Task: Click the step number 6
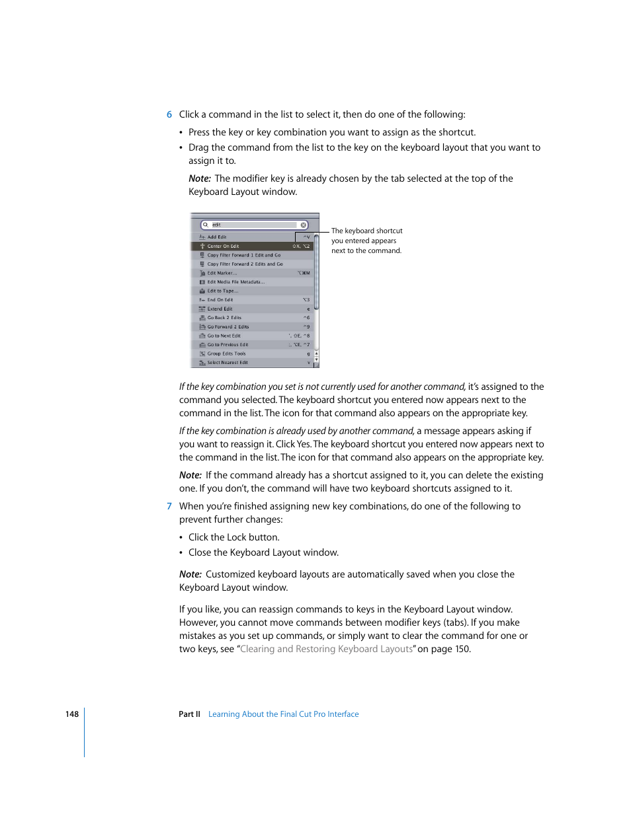(169, 114)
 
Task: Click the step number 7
(169, 506)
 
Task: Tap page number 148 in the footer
(71, 714)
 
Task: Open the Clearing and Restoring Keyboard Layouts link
(326, 649)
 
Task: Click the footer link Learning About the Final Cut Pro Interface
(283, 714)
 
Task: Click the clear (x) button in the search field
(304, 225)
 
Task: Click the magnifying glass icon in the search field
(206, 225)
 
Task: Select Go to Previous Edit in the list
(228, 344)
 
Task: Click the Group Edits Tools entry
(226, 353)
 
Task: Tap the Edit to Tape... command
(222, 291)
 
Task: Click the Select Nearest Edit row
(228, 362)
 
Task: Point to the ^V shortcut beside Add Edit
(306, 237)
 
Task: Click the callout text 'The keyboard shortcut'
(366, 231)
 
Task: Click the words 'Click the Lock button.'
(233, 537)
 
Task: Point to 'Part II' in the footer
(189, 714)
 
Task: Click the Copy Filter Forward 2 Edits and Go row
(245, 264)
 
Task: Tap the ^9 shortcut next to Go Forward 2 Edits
(306, 326)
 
